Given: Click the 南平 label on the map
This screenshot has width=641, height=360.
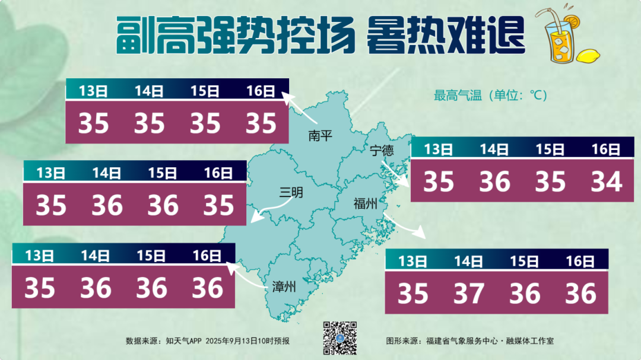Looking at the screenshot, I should [320, 136].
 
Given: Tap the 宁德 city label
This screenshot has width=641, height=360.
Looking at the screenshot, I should [382, 151].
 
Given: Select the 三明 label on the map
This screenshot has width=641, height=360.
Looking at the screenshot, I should [292, 192].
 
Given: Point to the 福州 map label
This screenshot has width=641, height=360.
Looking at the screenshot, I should [365, 205].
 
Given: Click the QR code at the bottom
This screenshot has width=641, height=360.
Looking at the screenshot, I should [339, 338].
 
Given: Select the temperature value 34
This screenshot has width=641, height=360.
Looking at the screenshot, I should [607, 181].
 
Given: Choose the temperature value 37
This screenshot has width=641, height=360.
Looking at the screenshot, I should [468, 293].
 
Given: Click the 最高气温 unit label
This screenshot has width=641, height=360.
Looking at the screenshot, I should [490, 95].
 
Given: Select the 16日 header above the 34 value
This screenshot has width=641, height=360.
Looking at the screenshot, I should [606, 149].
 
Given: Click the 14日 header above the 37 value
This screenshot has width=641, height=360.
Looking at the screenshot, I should [468, 261].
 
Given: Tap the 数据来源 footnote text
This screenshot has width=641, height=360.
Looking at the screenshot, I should [208, 341].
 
